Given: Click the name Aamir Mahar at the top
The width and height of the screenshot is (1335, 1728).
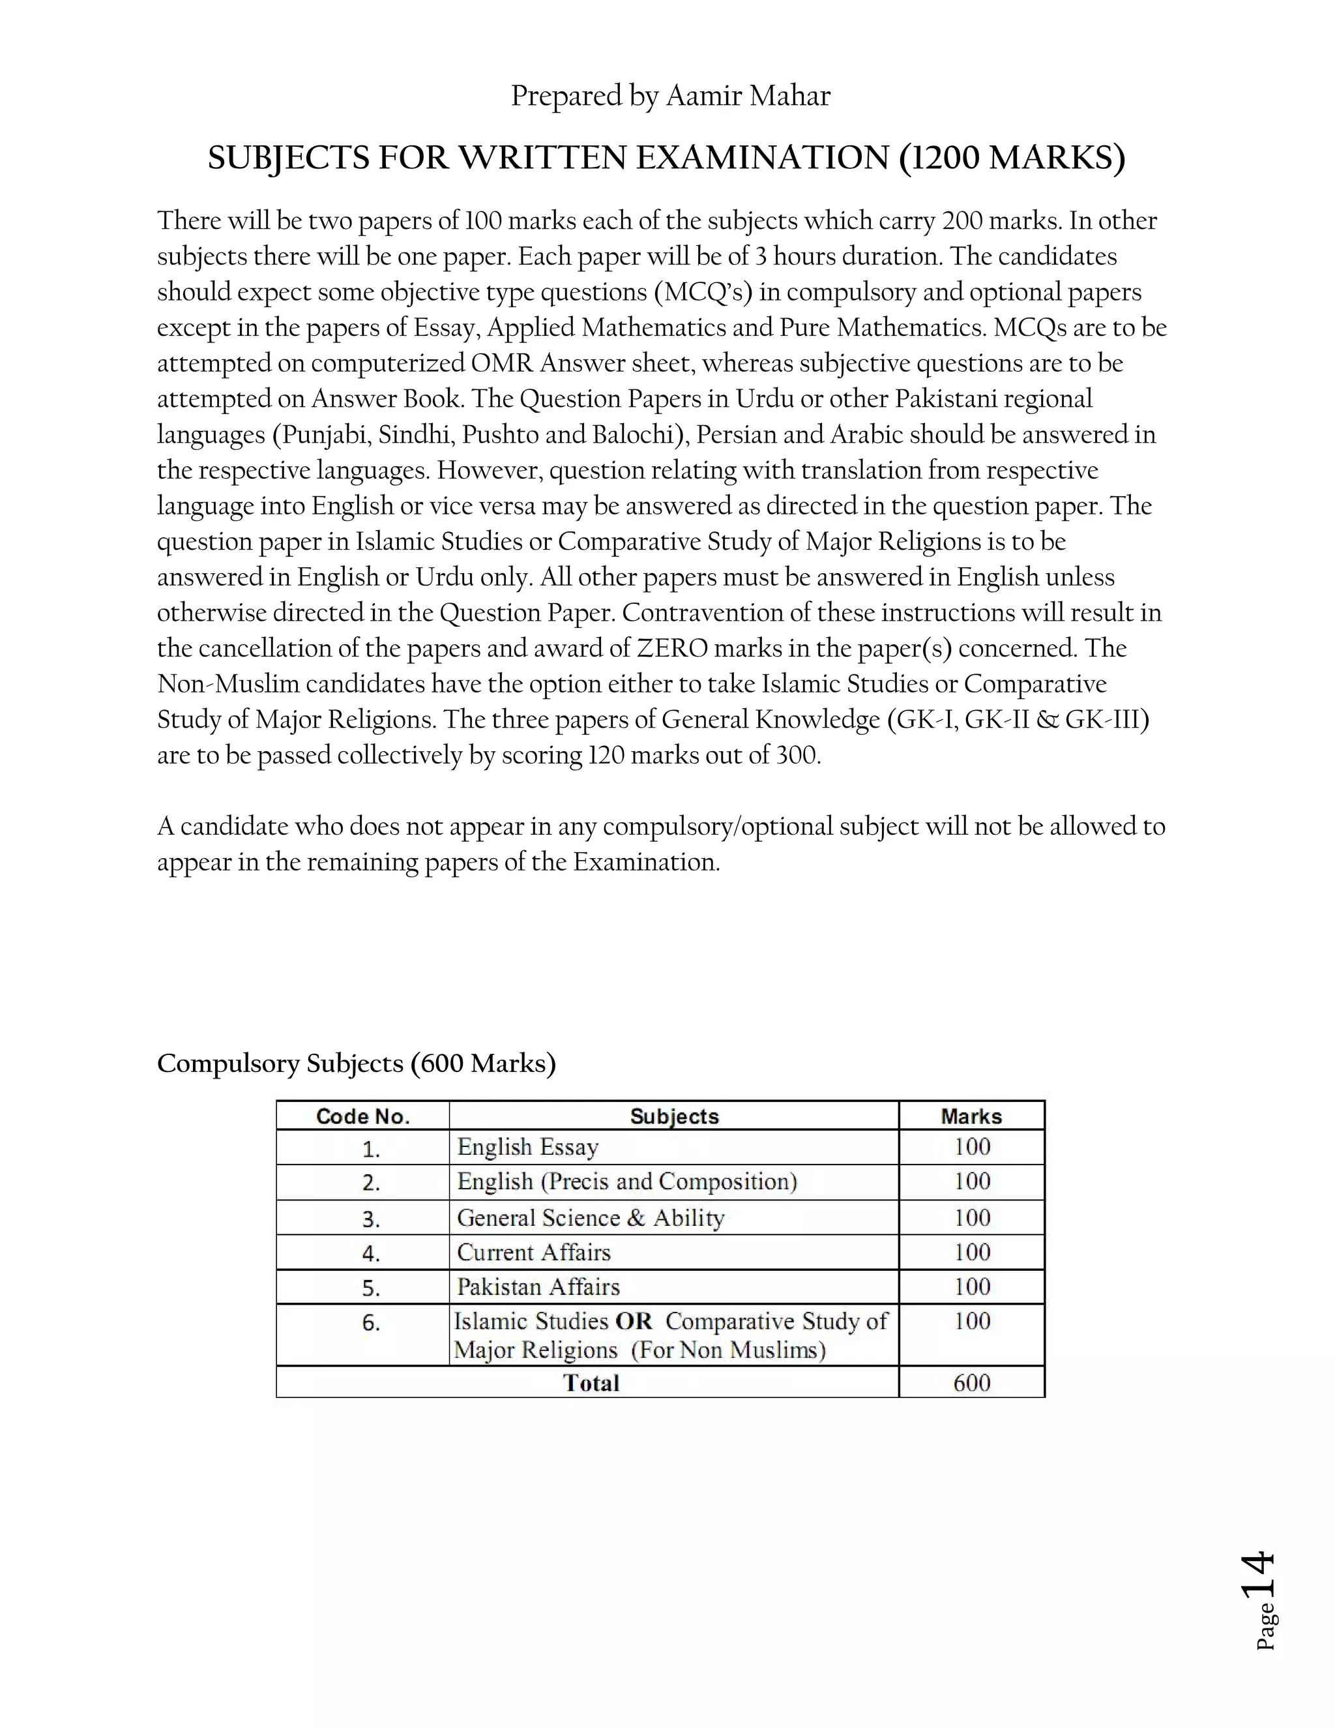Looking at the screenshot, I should pyautogui.click(x=748, y=96).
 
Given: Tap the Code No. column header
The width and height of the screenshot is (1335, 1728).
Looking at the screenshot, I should pyautogui.click(x=362, y=1116).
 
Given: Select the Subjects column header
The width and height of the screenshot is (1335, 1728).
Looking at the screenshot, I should pyautogui.click(x=674, y=1116).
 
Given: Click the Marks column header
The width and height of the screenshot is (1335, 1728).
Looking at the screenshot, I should pyautogui.click(x=971, y=1116).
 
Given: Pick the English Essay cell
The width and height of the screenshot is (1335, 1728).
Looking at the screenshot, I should pyautogui.click(x=527, y=1147).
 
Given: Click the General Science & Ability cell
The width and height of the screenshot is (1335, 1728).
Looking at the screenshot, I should pyautogui.click(x=590, y=1217).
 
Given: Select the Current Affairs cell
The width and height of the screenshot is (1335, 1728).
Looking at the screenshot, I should pyautogui.click(x=534, y=1253).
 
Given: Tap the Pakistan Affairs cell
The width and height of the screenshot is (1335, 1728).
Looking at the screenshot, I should pyautogui.click(x=538, y=1287).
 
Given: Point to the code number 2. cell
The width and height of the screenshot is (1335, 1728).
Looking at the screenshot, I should pyautogui.click(x=371, y=1183).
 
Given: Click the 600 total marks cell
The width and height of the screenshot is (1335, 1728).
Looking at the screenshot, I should pyautogui.click(x=971, y=1383).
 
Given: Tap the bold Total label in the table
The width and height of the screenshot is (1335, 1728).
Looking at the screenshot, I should pyautogui.click(x=591, y=1383).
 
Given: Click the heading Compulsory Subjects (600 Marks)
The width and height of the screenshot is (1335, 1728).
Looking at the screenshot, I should pyautogui.click(x=356, y=1064).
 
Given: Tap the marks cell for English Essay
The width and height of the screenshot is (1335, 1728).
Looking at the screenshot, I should pyautogui.click(x=971, y=1147).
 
